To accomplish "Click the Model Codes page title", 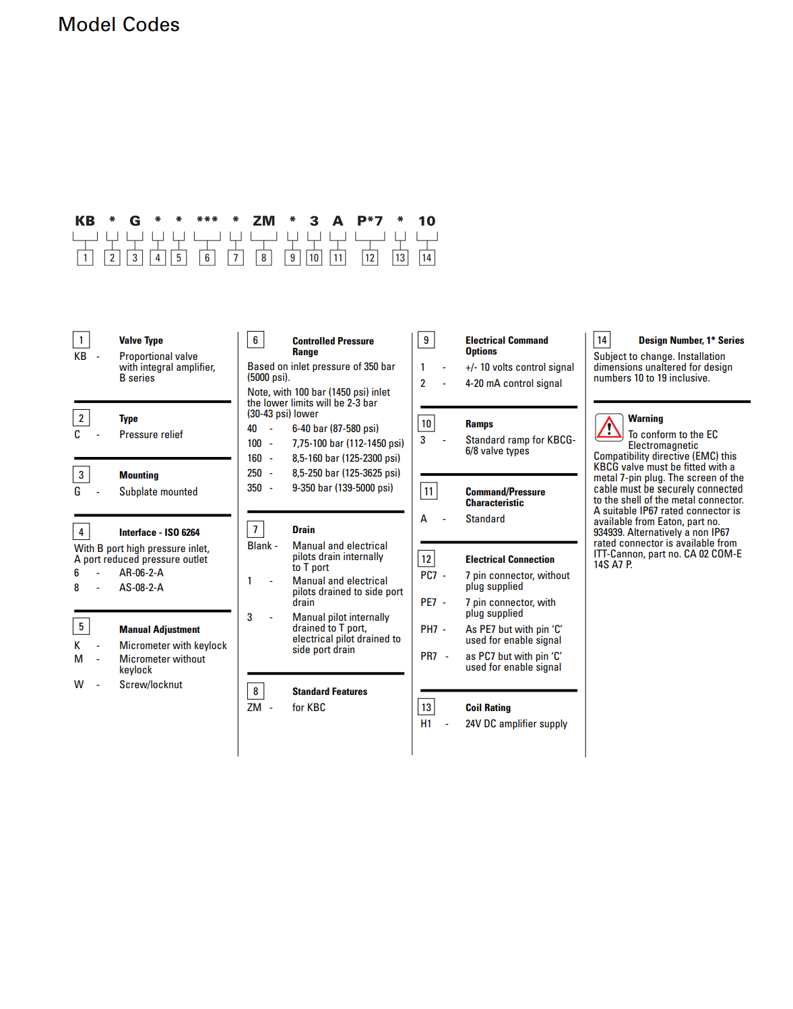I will [119, 25].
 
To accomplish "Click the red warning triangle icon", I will [609, 427].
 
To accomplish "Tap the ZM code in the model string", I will [263, 221].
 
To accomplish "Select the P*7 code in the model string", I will [369, 221].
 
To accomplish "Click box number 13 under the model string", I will [400, 257].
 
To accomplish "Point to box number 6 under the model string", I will [207, 257].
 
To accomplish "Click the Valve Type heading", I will [141, 340].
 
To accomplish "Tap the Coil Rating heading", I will [488, 708].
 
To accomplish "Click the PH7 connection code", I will [429, 630].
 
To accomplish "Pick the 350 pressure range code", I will [255, 488].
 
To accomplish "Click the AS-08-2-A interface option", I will [141, 588].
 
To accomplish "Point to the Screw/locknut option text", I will [151, 685].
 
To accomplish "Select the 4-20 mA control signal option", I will [513, 384].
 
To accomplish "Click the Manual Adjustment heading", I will [160, 630].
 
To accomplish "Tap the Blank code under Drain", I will [259, 546].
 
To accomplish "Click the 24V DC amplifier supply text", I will [516, 724].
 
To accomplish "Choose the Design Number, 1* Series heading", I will [691, 340].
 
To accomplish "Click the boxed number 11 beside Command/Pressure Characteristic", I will [429, 491].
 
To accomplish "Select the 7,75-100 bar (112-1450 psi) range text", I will [348, 444].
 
